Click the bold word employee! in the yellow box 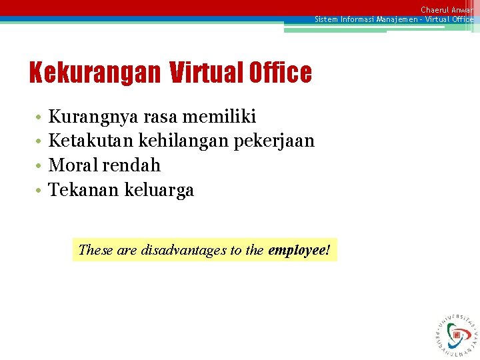tap(299, 251)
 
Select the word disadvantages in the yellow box tap(184, 251)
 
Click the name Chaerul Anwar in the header tap(447, 9)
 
